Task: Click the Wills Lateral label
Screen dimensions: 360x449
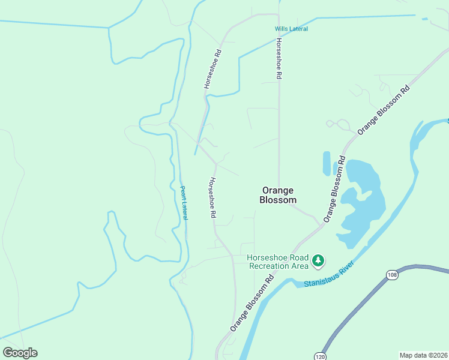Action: point(291,29)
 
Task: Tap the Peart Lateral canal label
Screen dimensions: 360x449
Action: point(184,203)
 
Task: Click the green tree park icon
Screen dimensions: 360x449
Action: point(318,261)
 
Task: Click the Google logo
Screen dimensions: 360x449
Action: point(20,353)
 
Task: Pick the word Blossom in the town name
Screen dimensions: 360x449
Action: point(278,200)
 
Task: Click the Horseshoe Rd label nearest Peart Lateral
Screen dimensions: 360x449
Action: point(211,197)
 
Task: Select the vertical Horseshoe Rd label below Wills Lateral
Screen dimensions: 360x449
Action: point(279,59)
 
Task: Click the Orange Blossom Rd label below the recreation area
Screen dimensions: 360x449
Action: point(252,303)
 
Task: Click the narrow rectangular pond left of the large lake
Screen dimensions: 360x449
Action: point(327,163)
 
